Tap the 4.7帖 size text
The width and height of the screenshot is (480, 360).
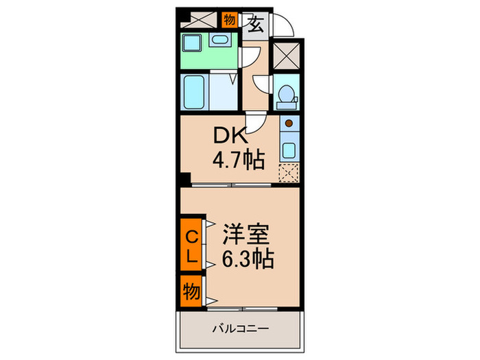click(x=238, y=162)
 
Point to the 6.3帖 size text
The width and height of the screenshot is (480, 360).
click(x=248, y=259)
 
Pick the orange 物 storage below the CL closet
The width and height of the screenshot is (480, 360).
click(x=191, y=293)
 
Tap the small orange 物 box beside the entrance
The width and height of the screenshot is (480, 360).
click(x=229, y=19)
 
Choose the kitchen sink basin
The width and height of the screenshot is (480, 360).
click(x=287, y=152)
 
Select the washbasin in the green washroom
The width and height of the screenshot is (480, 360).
click(x=220, y=39)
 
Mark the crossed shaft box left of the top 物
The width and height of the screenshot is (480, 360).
click(x=199, y=19)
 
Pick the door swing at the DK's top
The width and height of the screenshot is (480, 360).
click(x=254, y=124)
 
